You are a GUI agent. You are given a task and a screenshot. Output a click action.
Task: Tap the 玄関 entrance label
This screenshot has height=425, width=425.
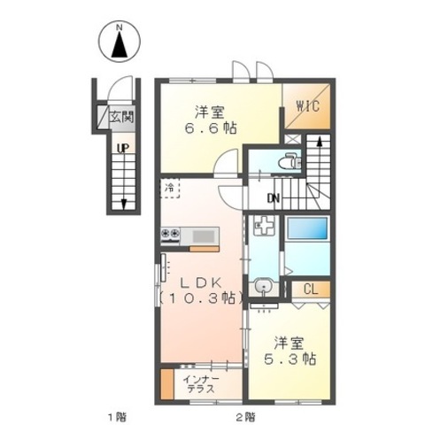121,117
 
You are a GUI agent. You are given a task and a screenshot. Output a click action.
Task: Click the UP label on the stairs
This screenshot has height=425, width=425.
123,148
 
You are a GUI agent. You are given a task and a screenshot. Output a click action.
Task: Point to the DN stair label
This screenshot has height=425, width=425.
274,198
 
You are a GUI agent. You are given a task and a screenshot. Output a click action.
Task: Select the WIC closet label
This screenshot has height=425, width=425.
308,106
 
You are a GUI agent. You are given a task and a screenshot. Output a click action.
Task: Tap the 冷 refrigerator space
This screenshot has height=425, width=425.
170,188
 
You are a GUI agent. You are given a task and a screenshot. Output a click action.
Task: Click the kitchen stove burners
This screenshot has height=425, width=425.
170,234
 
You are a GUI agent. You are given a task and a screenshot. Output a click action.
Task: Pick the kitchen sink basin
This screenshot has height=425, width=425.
204,236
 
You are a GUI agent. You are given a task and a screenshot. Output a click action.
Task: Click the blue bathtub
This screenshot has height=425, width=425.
307,228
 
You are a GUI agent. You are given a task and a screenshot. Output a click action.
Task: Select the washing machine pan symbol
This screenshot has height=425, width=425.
264,225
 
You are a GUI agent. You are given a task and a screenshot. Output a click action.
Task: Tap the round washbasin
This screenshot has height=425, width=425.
263,286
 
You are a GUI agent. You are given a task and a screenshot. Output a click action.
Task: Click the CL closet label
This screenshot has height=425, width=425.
311,290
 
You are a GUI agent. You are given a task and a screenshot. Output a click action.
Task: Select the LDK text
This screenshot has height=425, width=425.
201,283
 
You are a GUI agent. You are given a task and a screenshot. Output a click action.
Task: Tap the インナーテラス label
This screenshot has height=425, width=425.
201,384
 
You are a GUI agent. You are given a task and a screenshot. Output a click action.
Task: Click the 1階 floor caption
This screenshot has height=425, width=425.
116,417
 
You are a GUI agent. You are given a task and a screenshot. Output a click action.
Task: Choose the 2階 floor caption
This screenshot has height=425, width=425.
245,417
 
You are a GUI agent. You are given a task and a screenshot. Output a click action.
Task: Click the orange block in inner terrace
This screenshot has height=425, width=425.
167,383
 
